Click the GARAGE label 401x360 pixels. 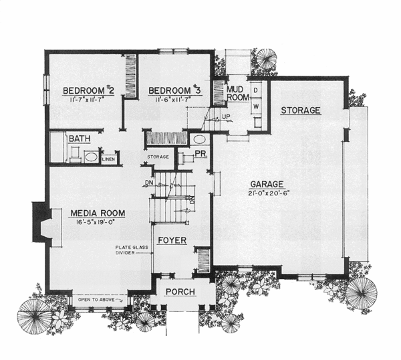pos(268,184)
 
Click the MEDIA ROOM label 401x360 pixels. pos(98,213)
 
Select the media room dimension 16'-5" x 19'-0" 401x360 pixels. pos(98,224)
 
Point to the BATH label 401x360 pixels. pos(80,139)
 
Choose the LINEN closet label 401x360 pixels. pos(108,159)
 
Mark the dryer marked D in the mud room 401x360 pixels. pos(255,89)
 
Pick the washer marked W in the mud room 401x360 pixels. pos(255,106)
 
